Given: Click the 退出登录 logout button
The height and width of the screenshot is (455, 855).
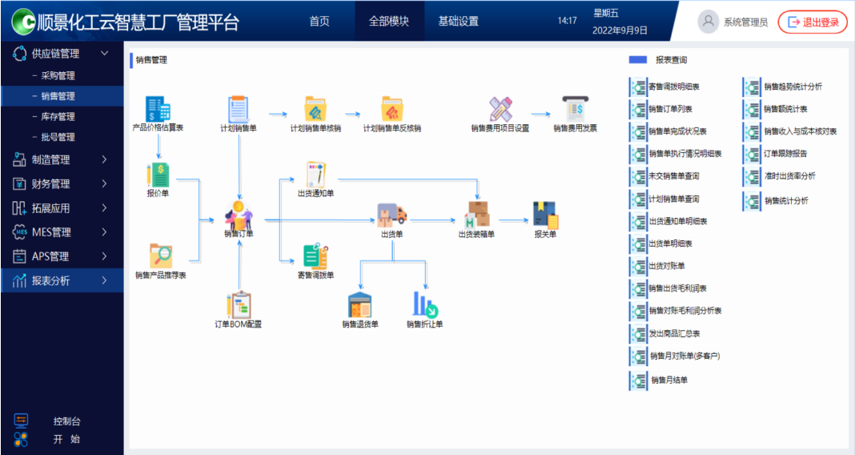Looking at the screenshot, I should (813, 22).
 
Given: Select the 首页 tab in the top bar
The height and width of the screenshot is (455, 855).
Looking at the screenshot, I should (319, 22).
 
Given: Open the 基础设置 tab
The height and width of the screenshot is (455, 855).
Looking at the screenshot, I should (458, 22).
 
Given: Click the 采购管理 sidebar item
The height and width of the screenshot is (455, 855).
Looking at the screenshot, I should (58, 76).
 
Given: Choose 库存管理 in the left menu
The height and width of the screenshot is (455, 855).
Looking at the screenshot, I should (58, 117).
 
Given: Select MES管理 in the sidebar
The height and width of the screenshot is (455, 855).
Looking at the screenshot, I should (51, 232).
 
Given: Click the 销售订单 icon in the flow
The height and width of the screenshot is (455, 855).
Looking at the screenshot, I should (239, 213).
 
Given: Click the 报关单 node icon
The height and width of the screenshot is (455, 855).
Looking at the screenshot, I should (545, 214).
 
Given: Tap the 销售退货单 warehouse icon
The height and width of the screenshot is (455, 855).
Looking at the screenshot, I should (360, 304).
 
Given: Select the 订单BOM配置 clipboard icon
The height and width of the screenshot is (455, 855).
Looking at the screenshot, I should (239, 304).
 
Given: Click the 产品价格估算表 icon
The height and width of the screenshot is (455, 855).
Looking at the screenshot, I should (158, 109).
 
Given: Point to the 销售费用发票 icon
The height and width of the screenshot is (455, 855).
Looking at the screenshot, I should (575, 109).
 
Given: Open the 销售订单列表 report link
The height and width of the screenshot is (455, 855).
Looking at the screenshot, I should (670, 109).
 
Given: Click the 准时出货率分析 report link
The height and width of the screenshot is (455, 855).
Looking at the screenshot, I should (789, 176).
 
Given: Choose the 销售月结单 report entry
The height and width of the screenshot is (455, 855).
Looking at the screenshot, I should (668, 381).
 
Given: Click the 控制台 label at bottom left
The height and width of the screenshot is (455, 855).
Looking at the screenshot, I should (67, 421).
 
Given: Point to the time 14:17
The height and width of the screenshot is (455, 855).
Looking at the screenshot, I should (567, 21).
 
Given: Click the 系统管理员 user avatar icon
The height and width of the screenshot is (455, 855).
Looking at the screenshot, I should (708, 22).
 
